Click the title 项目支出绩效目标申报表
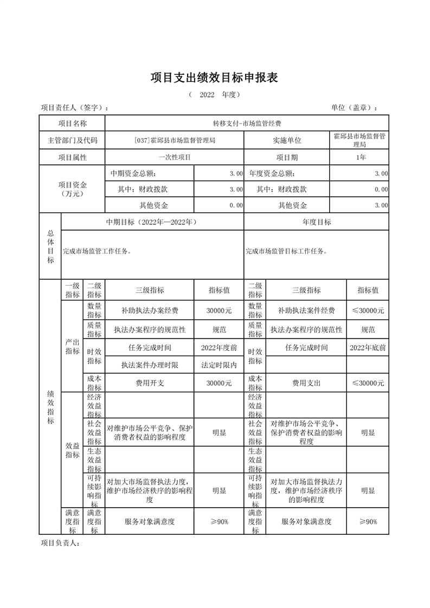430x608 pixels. point(214,78)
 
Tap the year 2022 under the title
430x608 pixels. point(207,95)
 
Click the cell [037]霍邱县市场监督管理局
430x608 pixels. point(175,141)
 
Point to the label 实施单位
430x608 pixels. point(287,141)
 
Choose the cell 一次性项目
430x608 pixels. point(175,158)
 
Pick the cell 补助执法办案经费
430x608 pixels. point(150,311)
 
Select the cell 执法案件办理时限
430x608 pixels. point(150,365)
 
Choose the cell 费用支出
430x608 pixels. point(306,383)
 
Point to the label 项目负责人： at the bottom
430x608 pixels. point(60,543)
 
